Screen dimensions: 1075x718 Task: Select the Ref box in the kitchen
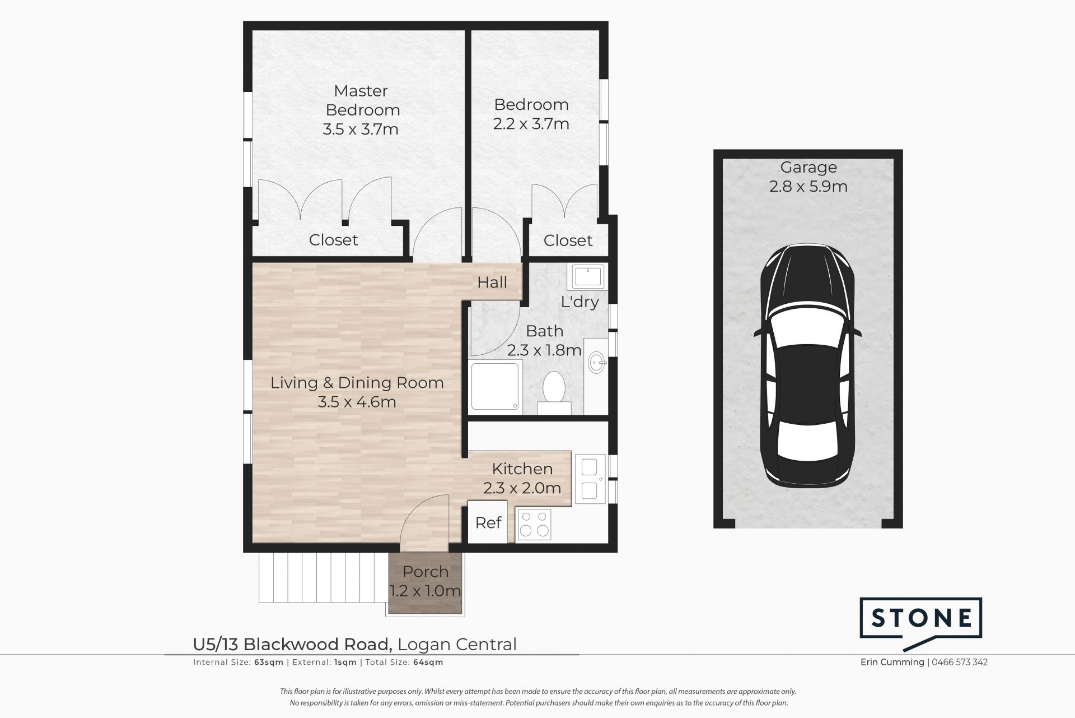pos(488,523)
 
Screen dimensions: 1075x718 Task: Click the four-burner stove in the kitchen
pos(534,525)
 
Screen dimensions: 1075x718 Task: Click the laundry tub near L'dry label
pos(586,277)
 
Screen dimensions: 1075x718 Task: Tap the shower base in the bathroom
pos(495,387)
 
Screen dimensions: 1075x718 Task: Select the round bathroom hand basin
pos(596,363)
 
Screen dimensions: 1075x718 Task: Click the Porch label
pos(426,572)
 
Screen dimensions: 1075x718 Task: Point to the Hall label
pos(492,282)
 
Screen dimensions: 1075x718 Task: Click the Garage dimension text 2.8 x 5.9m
pos(808,186)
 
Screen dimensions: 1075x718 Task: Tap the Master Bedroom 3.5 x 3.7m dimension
pos(361,129)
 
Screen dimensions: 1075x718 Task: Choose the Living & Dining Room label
pos(357,383)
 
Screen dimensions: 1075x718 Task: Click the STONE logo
pos(921,618)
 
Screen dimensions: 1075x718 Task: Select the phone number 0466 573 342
pos(960,662)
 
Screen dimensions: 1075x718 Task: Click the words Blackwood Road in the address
pos(317,645)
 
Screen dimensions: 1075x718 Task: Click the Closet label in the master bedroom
pos(333,240)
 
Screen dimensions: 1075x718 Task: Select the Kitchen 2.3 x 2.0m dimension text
pos(522,488)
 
